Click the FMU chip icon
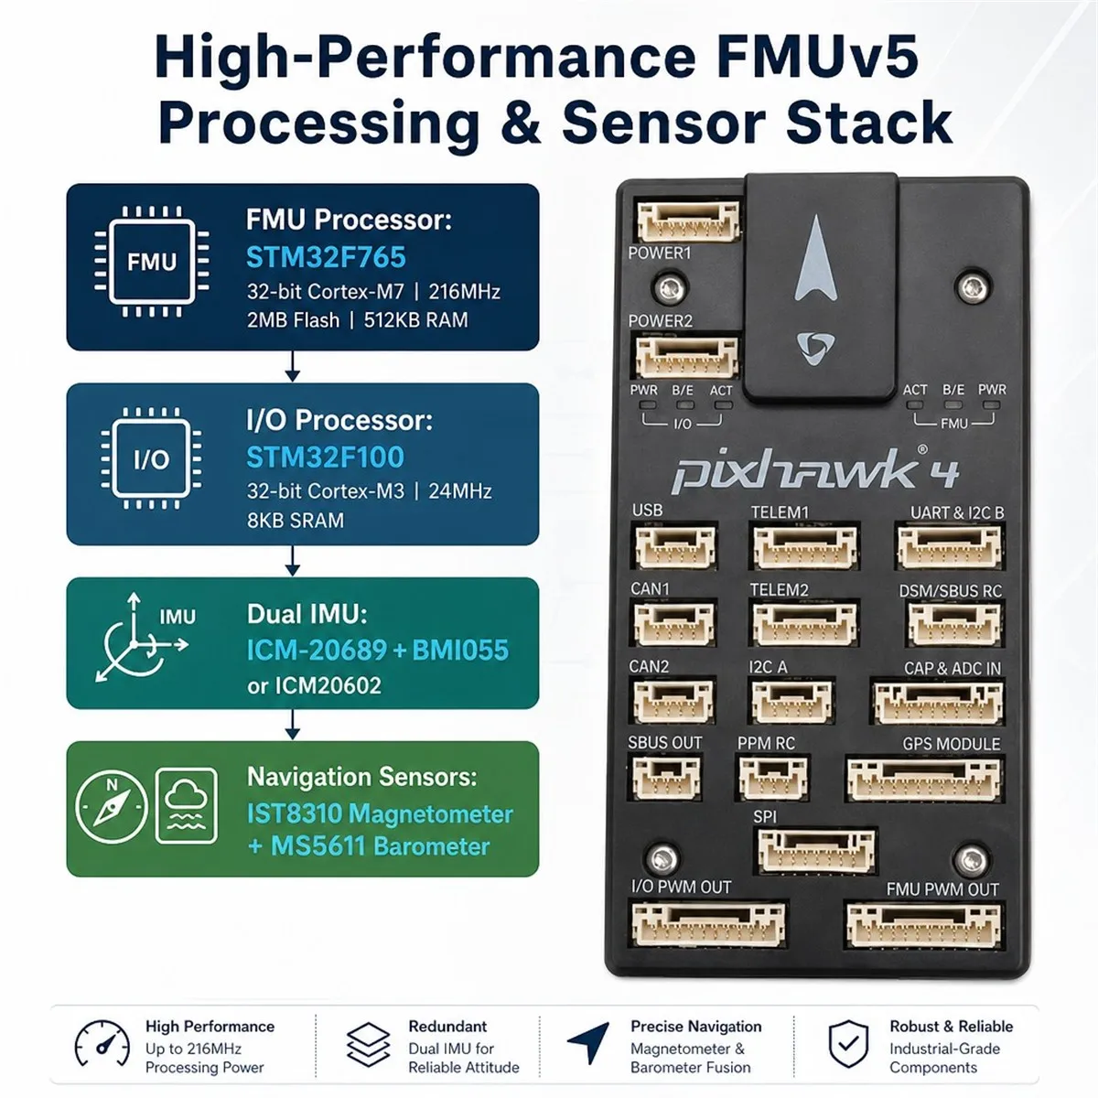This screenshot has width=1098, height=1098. click(152, 262)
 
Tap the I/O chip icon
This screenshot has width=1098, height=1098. click(152, 458)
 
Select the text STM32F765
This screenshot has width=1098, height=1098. click(326, 257)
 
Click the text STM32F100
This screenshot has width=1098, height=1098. click(326, 457)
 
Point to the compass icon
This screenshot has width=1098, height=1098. click(112, 807)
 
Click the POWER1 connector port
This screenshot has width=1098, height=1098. click(688, 221)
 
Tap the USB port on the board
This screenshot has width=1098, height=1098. click(675, 547)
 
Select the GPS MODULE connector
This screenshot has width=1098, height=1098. click(923, 779)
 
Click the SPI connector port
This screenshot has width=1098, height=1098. click(816, 851)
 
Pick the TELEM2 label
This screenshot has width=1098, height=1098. click(779, 590)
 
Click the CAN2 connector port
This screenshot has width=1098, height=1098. click(673, 702)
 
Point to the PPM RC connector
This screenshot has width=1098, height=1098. click(773, 778)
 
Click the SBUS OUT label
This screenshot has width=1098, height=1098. click(664, 742)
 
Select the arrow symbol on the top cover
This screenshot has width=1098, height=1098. click(816, 257)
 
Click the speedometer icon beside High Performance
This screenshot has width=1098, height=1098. click(102, 1043)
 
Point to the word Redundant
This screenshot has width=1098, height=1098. click(447, 1027)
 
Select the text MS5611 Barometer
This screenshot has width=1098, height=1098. click(380, 846)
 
